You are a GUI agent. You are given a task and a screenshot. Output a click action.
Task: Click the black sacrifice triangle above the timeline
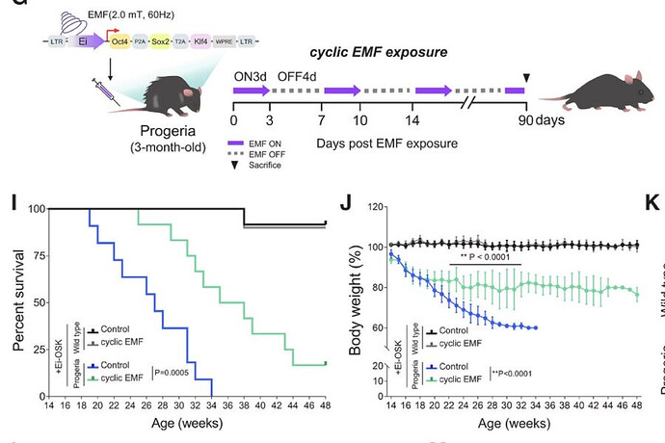tap(525, 77)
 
